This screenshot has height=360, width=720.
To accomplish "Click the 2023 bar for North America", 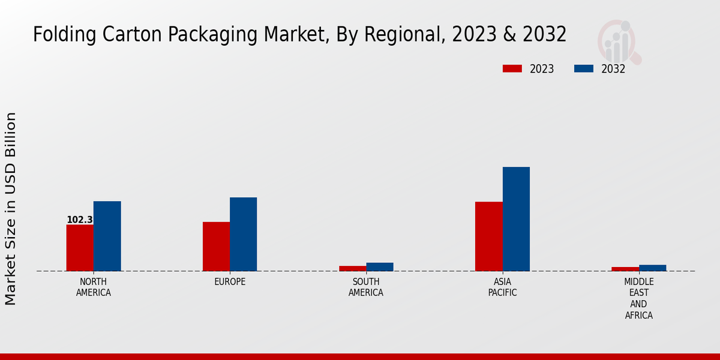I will pos(80,248).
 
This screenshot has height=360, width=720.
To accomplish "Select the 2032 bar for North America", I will pos(107,236).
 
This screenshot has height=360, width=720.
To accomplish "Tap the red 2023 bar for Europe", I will pos(216,247).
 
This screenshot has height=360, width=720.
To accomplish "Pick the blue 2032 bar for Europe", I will pos(243,234).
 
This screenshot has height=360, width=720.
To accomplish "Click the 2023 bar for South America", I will pos(352,268).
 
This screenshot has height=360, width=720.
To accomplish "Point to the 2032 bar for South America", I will pos(380,267).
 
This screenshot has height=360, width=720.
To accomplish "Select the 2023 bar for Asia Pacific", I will pos(488,236).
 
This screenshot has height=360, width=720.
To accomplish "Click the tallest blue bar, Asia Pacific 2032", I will pos(516,219).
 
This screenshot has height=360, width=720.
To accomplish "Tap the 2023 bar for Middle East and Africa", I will pos(625,269).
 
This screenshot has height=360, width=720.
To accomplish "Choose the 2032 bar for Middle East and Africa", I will pos(652,268).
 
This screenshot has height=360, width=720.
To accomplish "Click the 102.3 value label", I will pos(80,220).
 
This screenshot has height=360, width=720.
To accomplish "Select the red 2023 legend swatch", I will pos(512,68).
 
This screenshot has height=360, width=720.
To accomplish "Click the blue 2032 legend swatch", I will pos(584,68).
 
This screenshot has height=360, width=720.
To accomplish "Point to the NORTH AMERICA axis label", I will pos(94,287).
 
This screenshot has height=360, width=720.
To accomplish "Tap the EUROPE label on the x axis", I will pos(230,282).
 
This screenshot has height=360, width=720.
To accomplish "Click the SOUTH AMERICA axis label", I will pos(366,287).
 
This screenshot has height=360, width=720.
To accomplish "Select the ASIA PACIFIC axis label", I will pos(502,287).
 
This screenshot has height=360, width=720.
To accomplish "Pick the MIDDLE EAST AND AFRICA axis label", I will pos(639,298).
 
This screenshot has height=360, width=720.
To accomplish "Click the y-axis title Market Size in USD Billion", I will pos(11,208).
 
